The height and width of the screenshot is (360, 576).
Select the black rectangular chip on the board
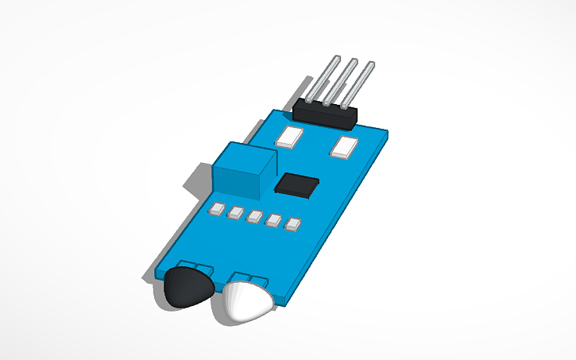click(x=297, y=184)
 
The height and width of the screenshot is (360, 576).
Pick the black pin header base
click(x=326, y=113)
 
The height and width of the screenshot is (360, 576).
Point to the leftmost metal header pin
click(x=320, y=79)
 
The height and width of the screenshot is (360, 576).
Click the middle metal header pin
click(x=337, y=82)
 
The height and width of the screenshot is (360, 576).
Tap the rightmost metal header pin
click(x=355, y=84)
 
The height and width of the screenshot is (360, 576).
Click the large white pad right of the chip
click(x=346, y=147)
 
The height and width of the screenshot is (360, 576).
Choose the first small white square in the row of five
click(x=215, y=210)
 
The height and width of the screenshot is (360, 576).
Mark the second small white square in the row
click(x=235, y=213)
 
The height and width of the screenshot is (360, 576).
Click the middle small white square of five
click(x=254, y=216)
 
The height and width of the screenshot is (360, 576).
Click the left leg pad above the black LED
click(x=187, y=265)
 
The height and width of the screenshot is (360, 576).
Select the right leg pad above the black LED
click(x=203, y=268)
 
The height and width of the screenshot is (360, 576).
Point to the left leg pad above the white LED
click(x=240, y=276)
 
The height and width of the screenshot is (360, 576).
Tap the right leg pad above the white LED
click(x=257, y=279)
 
